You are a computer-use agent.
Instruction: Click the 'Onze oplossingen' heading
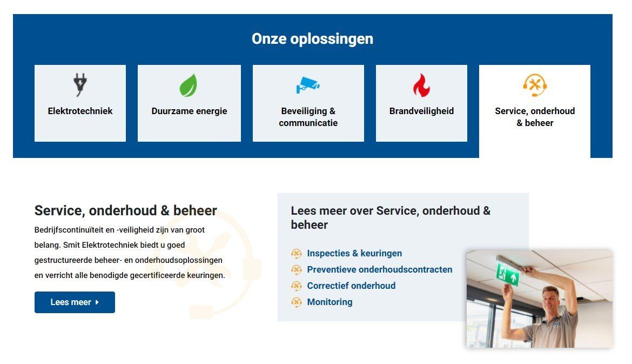[x=312, y=39]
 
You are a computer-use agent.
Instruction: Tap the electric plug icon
[x=80, y=85]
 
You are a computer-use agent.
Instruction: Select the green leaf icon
[x=189, y=85]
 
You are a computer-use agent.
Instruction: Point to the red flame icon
[x=421, y=85]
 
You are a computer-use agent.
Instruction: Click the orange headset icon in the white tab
[x=535, y=85]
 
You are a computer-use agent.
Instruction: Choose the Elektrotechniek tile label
[x=80, y=111]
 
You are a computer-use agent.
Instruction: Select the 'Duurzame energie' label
[x=190, y=111]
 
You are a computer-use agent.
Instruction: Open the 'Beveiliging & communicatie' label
[x=308, y=117]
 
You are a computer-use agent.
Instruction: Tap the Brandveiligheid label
[x=421, y=111]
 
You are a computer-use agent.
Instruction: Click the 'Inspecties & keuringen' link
[x=354, y=254]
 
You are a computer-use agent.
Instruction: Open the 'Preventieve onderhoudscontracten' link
[x=380, y=269]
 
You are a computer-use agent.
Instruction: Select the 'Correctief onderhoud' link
[x=351, y=286]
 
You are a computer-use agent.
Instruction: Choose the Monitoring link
[x=330, y=302]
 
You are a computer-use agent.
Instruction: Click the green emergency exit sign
[x=508, y=275]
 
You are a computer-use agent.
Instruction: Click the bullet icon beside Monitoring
[x=296, y=302]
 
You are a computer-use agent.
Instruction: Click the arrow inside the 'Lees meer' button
[x=97, y=302]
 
